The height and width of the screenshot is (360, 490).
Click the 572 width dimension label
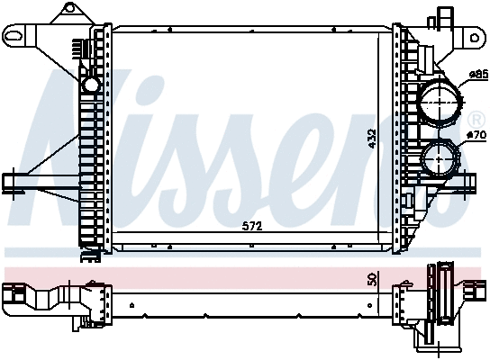coord(253,227)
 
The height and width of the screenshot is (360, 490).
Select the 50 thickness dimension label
coord(371,280)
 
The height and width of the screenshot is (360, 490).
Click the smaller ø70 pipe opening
coord(438,160)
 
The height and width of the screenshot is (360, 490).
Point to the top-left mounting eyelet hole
coord(14,36)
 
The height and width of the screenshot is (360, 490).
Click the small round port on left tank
coord(90,85)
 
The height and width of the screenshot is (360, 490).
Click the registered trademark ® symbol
coord(475,119)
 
